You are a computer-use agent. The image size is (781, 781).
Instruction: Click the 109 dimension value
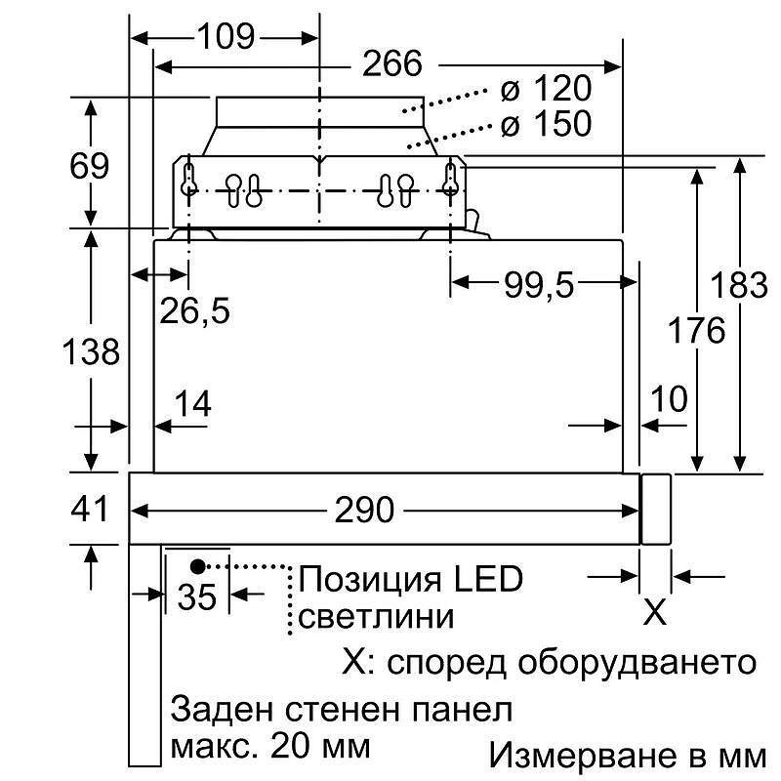click(226, 36)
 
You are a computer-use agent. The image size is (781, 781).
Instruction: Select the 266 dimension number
click(392, 63)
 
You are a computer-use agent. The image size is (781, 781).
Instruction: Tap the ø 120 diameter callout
click(546, 88)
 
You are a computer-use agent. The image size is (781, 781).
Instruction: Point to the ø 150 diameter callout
click(546, 123)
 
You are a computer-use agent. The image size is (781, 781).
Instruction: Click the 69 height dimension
click(89, 166)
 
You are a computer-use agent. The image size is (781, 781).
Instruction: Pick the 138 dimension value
click(91, 351)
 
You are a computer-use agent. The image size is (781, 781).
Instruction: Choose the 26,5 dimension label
click(194, 311)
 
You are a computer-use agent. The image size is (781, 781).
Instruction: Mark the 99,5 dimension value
click(539, 285)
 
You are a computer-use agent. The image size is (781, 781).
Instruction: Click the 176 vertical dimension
click(696, 330)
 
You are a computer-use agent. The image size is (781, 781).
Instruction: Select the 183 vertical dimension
click(739, 285)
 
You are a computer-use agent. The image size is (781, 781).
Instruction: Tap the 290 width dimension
click(364, 510)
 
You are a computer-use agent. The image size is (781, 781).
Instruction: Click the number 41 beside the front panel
click(89, 509)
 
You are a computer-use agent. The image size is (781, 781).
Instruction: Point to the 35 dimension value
click(197, 596)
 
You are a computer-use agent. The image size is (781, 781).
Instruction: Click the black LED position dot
click(198, 566)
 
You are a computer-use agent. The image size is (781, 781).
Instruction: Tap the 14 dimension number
click(193, 403)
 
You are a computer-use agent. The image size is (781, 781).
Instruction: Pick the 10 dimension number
click(670, 398)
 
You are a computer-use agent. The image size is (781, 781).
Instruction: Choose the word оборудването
click(637, 662)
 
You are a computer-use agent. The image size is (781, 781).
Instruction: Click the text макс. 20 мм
click(271, 746)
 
